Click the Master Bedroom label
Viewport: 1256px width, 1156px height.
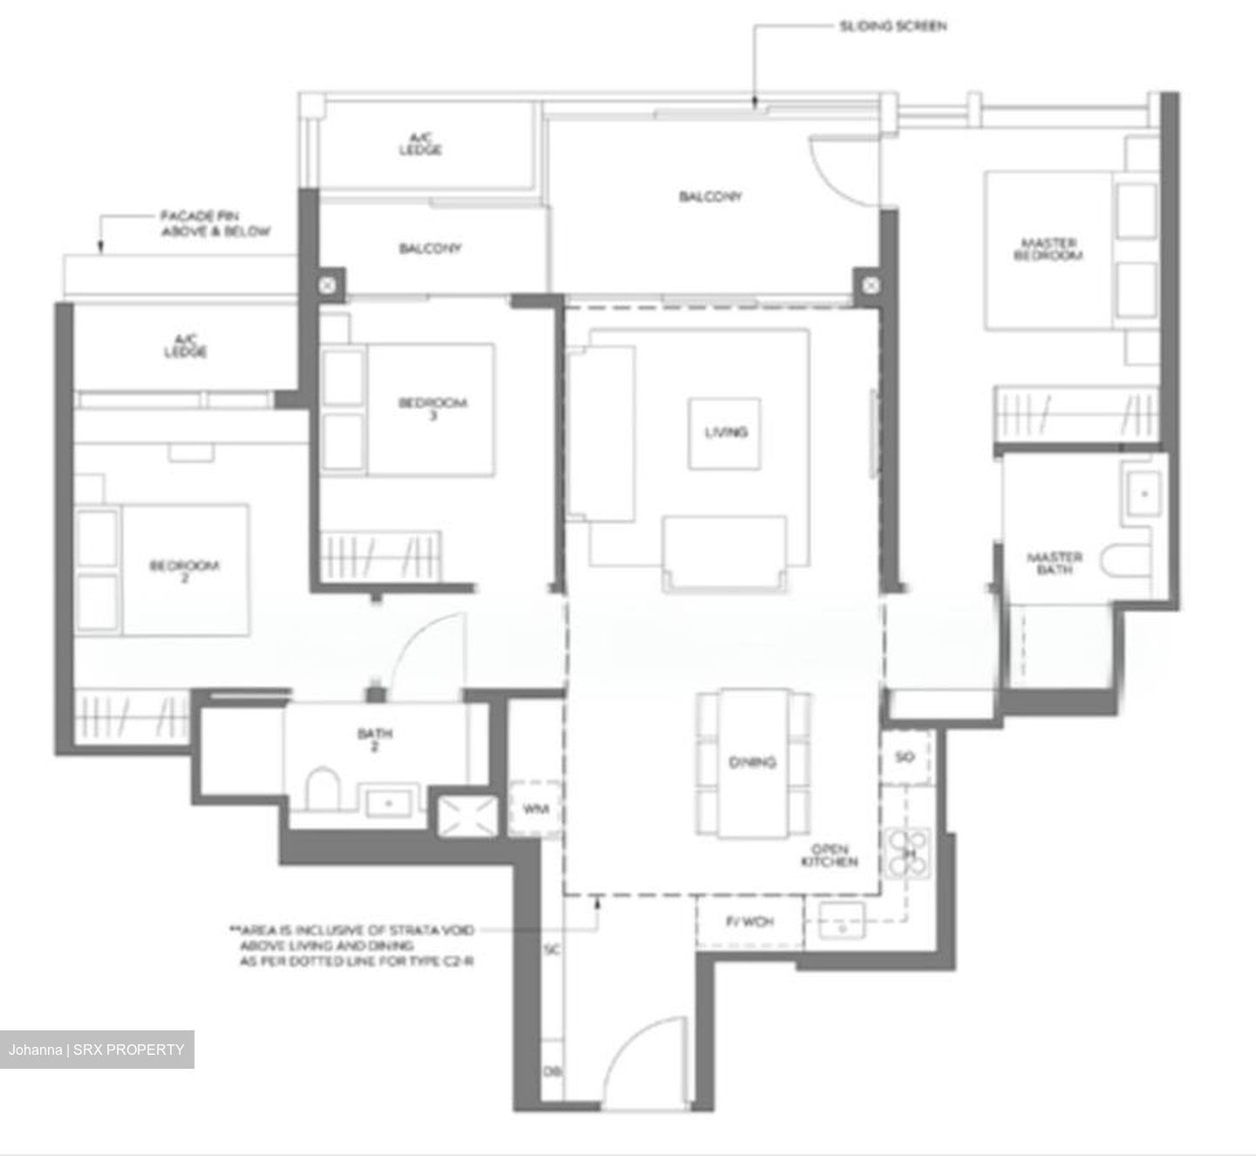[1048, 249]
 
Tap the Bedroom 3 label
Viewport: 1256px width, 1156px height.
[433, 407]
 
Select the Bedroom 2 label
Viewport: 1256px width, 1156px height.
[184, 571]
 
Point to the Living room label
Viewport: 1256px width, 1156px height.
[726, 432]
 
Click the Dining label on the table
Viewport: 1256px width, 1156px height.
[752, 763]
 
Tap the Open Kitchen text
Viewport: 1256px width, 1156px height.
[829, 855]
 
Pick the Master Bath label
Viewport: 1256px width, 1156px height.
[1055, 563]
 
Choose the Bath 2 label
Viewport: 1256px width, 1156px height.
[374, 739]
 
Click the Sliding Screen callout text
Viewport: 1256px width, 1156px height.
[892, 26]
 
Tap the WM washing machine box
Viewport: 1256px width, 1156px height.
[535, 809]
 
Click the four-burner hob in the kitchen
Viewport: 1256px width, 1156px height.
[909, 852]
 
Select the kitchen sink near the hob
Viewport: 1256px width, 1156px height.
[843, 922]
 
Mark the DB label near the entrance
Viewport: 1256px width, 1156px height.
[551, 1071]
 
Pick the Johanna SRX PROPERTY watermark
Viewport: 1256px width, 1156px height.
[97, 1050]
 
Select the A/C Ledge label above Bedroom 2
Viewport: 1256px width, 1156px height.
[186, 346]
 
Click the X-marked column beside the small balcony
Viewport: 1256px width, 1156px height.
[326, 285]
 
